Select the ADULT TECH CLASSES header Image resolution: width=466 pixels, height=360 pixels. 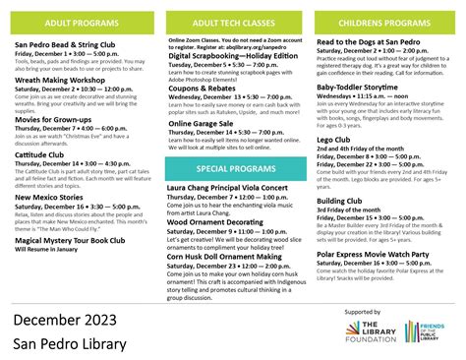[233, 22]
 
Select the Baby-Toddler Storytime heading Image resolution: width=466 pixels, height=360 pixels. [358, 88]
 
